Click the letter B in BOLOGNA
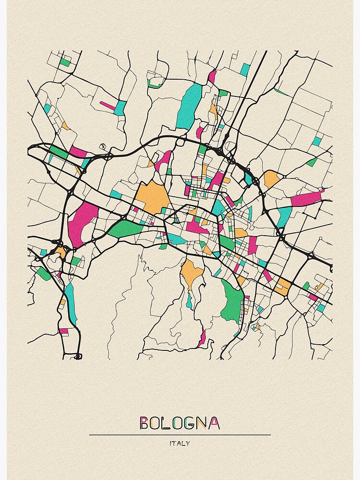pyautogui.click(x=144, y=423)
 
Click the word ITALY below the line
pyautogui.click(x=180, y=443)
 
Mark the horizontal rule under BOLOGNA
pyautogui.click(x=180, y=435)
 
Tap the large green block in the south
pyautogui.click(x=232, y=301)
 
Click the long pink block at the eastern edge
pyautogui.click(x=306, y=197)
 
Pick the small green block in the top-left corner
pyautogui.click(x=65, y=62)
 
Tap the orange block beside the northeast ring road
pyautogui.click(x=271, y=179)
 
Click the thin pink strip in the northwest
pyautogui.click(x=108, y=105)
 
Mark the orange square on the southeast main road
pyautogui.click(x=282, y=287)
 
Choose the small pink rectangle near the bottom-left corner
pyautogui.click(x=63, y=331)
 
